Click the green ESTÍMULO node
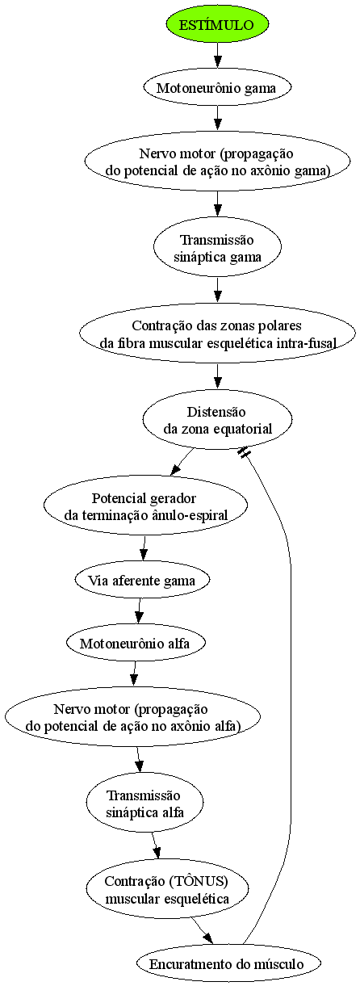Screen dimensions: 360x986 [217, 24]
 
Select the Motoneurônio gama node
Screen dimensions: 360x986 [217, 87]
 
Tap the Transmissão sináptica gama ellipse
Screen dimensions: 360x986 [217, 248]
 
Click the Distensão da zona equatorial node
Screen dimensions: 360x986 [217, 421]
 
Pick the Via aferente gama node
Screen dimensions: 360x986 [142, 581]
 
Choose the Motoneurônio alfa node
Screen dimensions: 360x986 [136, 643]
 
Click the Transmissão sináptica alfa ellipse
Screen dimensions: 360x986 [144, 803]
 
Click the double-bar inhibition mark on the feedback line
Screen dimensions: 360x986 [244, 452]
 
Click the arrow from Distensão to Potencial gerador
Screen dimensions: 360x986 [182, 461]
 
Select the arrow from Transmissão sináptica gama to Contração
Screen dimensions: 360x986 [217, 290]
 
